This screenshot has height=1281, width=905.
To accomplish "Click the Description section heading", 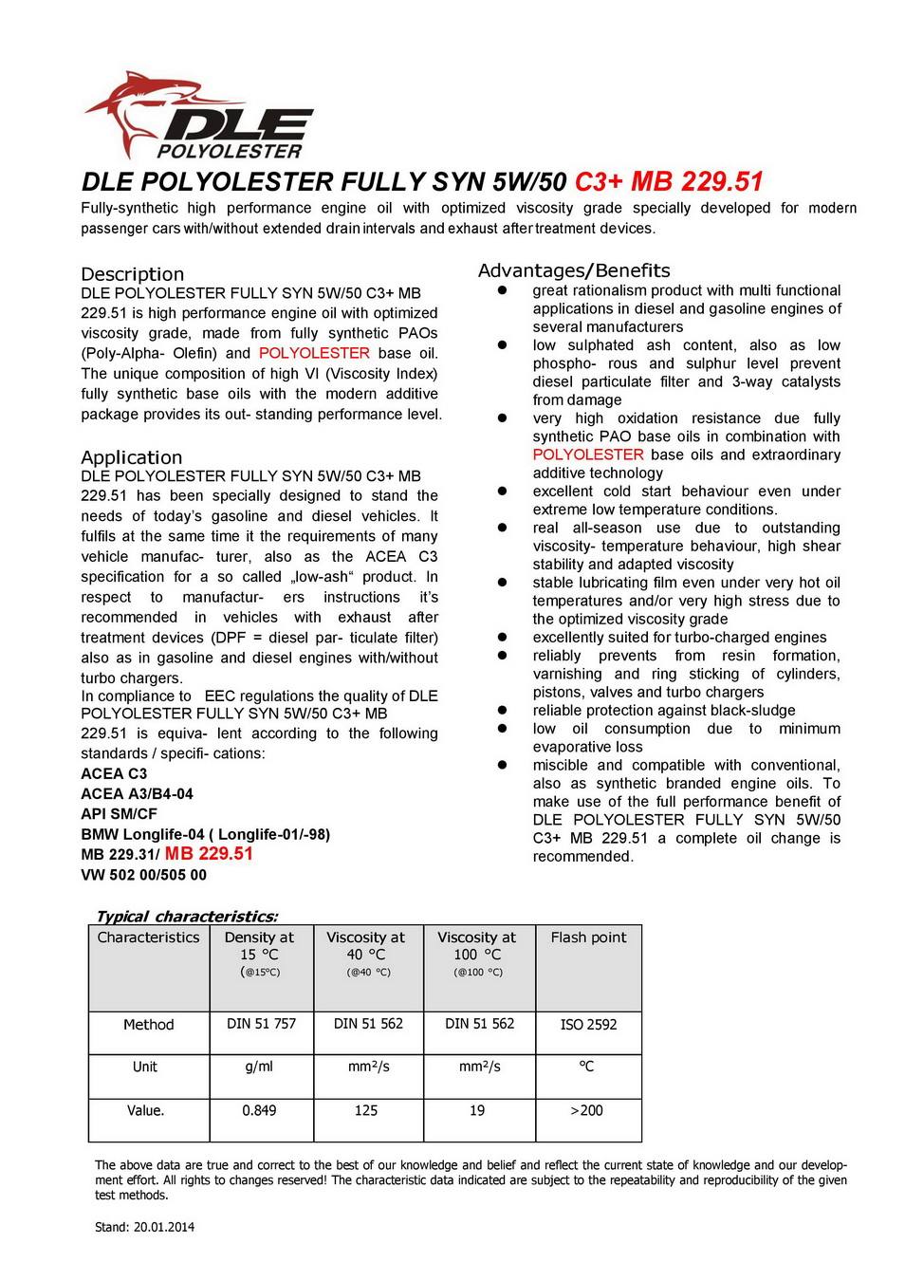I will (x=132, y=274).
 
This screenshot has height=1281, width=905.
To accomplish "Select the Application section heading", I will (x=131, y=457).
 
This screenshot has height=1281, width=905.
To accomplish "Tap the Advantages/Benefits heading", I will (x=573, y=270).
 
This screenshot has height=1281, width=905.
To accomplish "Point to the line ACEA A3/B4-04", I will (x=137, y=793).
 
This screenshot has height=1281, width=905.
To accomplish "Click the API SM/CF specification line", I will (x=119, y=813).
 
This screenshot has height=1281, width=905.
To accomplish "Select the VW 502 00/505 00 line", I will (x=143, y=875).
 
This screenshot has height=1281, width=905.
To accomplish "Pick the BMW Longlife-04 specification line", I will (x=205, y=834).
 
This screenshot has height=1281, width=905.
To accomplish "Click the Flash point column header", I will (x=588, y=938).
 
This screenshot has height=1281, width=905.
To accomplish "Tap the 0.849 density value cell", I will (x=259, y=1110).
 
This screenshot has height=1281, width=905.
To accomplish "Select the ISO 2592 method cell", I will (x=588, y=1025).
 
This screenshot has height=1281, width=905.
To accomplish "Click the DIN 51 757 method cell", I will (x=261, y=1024).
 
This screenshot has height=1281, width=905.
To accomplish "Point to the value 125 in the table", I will (x=366, y=1110).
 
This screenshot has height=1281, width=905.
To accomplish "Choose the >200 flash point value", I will (x=586, y=1110).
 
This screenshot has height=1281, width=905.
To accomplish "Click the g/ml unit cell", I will (x=259, y=1067).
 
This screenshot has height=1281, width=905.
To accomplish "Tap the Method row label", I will (x=149, y=1025).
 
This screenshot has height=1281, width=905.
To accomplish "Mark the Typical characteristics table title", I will (x=187, y=916).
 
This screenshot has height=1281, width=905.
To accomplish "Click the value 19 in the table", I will (x=477, y=1110).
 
